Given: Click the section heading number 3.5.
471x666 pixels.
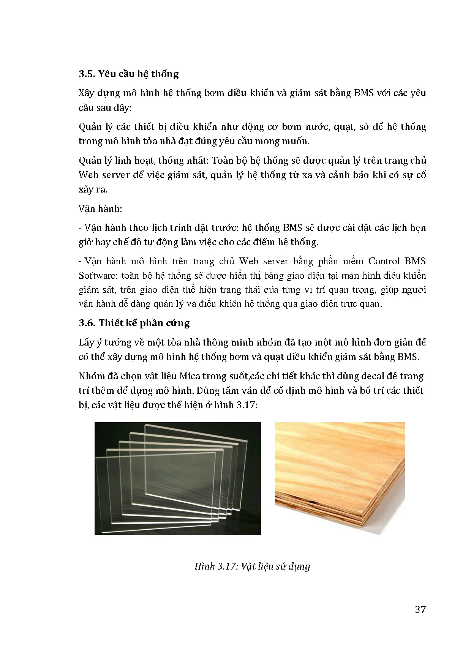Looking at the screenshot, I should [x=87, y=74].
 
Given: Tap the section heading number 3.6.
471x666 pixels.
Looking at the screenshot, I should [x=87, y=323].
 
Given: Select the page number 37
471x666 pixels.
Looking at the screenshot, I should [x=420, y=609].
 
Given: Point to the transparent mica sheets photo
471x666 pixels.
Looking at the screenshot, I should [x=177, y=478].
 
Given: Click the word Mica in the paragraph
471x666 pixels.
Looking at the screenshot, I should [x=190, y=376].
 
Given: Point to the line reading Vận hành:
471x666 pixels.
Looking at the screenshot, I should [x=100, y=208].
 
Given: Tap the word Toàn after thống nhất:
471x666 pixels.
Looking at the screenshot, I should [x=223, y=161].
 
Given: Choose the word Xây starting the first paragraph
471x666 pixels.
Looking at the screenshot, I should [x=87, y=93].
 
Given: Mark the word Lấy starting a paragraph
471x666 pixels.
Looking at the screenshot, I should [x=87, y=342].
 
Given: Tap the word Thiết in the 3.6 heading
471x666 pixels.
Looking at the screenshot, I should [x=111, y=323].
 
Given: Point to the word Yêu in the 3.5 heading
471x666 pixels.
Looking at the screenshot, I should [x=107, y=74].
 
